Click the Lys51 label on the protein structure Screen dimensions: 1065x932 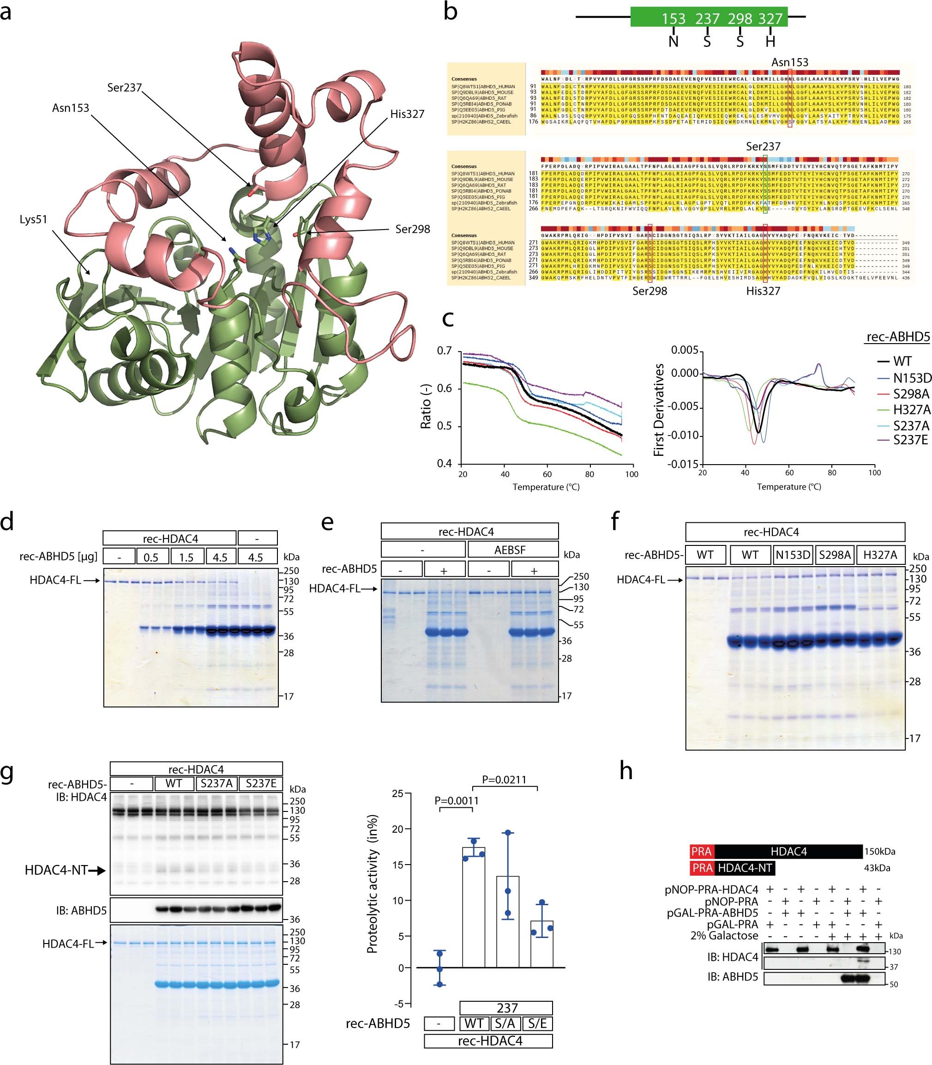(33, 219)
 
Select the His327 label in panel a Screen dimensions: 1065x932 (407, 114)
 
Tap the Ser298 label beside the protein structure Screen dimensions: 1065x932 (412, 230)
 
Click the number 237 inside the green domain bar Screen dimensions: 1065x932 (707, 19)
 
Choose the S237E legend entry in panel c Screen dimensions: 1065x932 (910, 440)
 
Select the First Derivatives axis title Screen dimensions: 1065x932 (659, 410)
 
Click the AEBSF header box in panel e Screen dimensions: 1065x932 (510, 550)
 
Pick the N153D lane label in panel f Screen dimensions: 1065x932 (793, 555)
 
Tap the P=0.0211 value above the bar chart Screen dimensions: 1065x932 (504, 780)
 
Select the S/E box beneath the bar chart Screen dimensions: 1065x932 (537, 1024)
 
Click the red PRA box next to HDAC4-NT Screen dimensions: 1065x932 (702, 868)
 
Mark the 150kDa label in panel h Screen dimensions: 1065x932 (879, 852)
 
